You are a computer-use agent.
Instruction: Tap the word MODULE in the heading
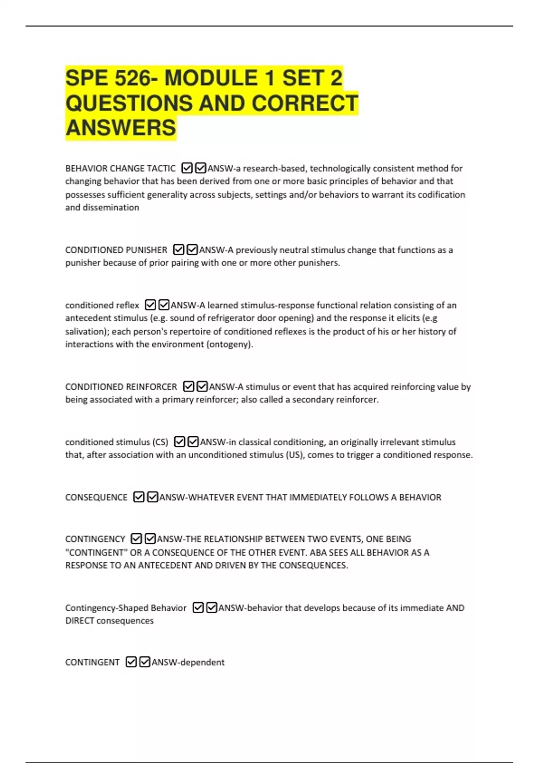(x=211, y=78)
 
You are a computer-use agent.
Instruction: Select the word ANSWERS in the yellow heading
(x=121, y=128)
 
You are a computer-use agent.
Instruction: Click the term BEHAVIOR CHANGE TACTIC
(x=120, y=168)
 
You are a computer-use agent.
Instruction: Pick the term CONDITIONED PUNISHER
(x=116, y=250)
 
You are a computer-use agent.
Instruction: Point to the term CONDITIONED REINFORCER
(x=121, y=387)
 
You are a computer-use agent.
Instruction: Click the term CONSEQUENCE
(x=96, y=497)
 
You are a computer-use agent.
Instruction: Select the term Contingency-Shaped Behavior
(x=125, y=608)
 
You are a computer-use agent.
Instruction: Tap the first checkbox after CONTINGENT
(x=131, y=662)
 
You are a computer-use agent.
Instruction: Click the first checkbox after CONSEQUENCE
(x=139, y=497)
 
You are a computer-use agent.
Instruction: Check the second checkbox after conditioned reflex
(x=164, y=305)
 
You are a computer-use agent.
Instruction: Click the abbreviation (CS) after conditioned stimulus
(x=160, y=442)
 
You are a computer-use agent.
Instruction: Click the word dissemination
(x=110, y=208)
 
